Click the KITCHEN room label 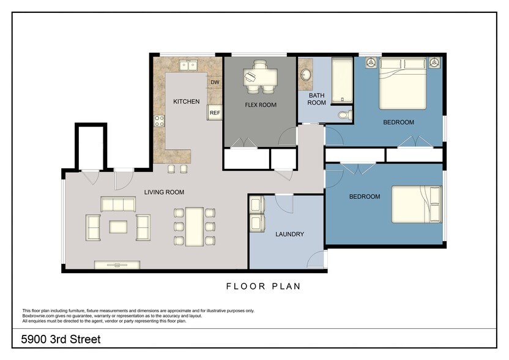[x=186, y=101]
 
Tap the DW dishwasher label [x=215, y=82]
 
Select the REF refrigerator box [x=215, y=113]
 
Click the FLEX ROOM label [x=261, y=105]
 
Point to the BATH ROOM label [x=316, y=99]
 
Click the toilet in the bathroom [x=344, y=114]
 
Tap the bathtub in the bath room [x=341, y=80]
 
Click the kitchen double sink [x=188, y=64]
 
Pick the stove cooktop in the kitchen [x=159, y=121]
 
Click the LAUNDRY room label [x=289, y=234]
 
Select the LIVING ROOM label [x=164, y=192]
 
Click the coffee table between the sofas [x=119, y=227]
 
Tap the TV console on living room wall [x=117, y=264]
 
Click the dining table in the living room [x=195, y=226]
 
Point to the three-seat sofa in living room [x=119, y=204]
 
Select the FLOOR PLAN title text [x=263, y=286]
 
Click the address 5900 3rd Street [x=61, y=339]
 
